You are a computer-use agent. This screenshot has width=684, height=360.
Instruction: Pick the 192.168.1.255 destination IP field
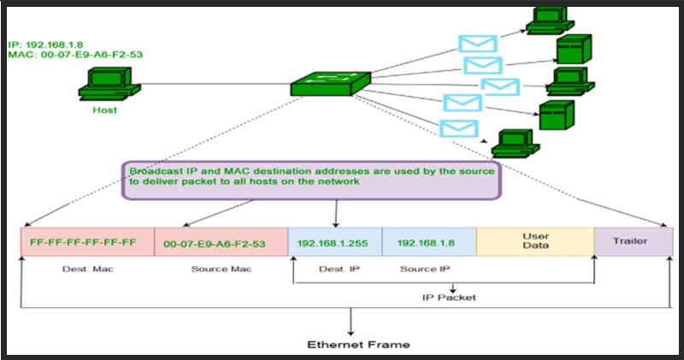(333, 243)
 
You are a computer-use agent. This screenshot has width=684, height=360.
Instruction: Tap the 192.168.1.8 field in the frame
(427, 243)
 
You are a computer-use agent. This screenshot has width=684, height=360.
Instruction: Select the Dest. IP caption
(333, 269)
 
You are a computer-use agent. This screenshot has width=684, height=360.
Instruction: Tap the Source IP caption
(425, 269)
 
